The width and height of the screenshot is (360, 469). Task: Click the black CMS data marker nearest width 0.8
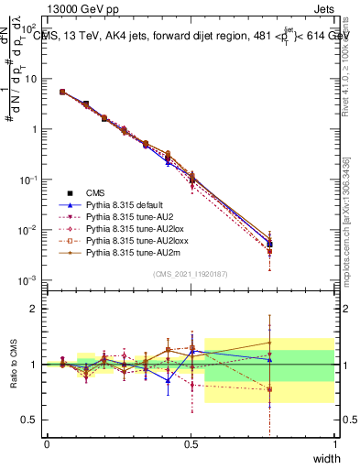tap(269, 245)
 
